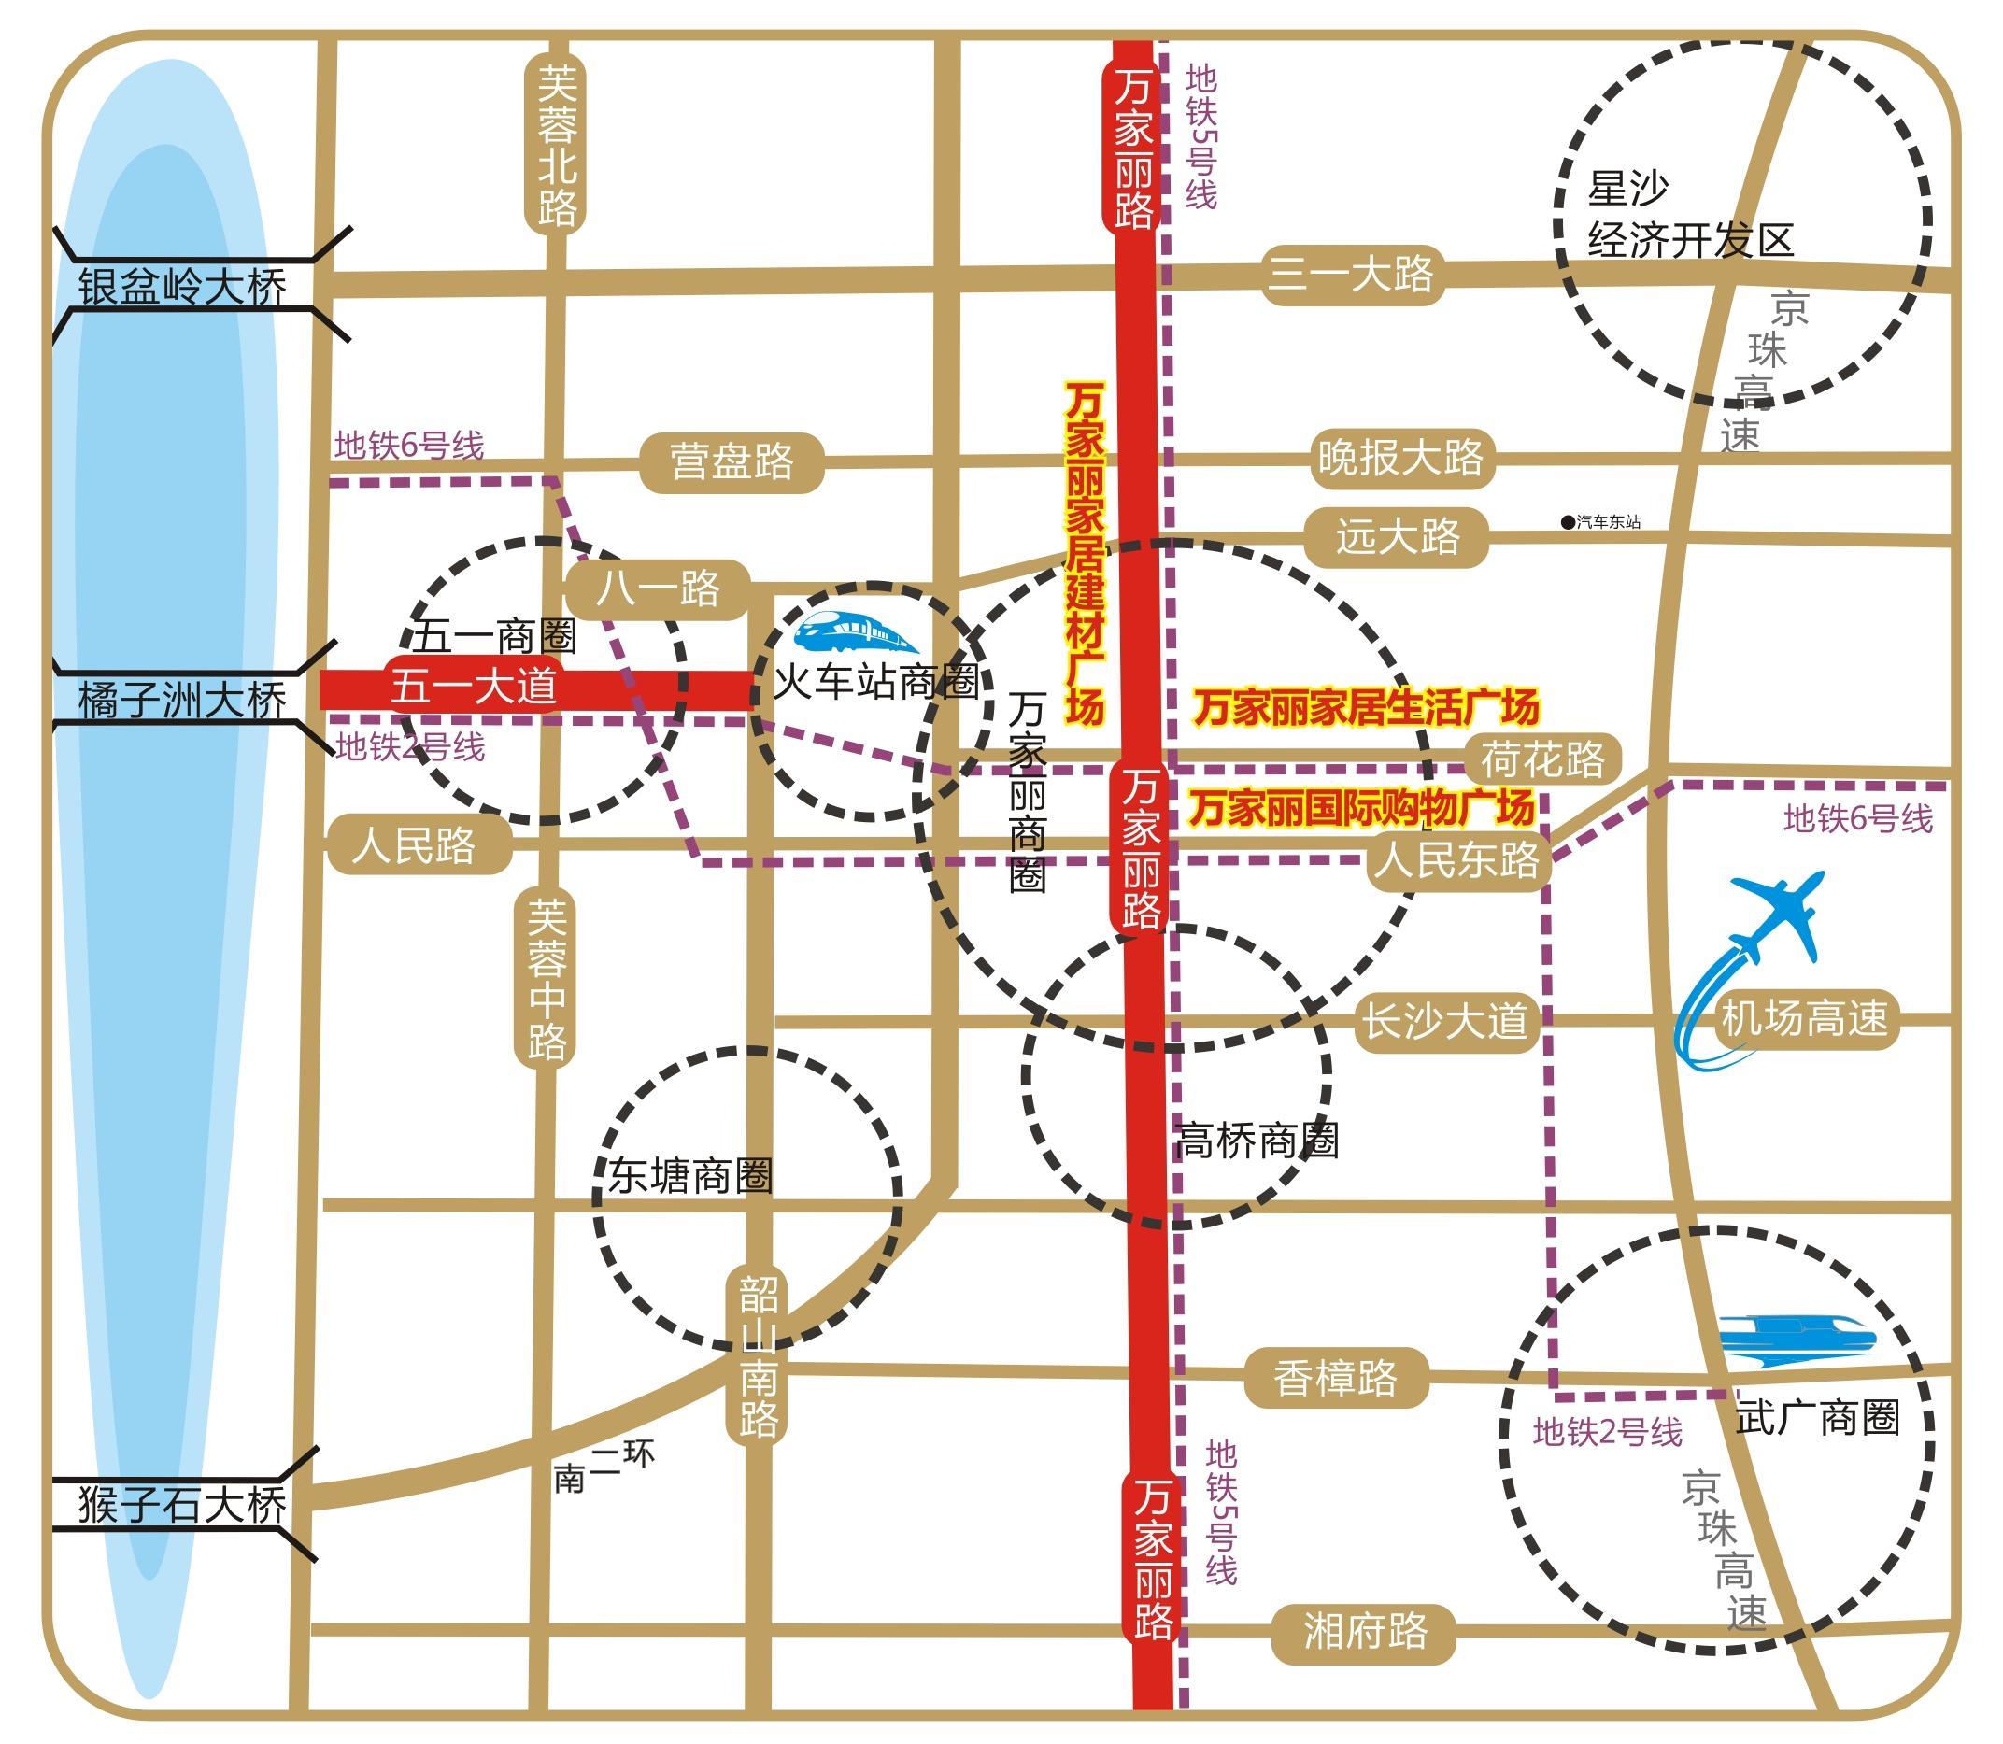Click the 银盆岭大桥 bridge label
coord(182,288)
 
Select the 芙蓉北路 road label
coord(557,145)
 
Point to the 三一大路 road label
coord(1351,275)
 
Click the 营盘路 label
coord(732,461)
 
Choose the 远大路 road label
coord(1398,536)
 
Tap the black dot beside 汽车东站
coord(1567,522)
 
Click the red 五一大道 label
coord(474,688)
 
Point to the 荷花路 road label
coord(1542,759)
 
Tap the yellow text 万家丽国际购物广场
coord(1361,808)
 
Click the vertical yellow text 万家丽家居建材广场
coord(1085,553)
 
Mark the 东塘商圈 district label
coord(690,1176)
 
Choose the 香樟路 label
coord(1335,1378)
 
